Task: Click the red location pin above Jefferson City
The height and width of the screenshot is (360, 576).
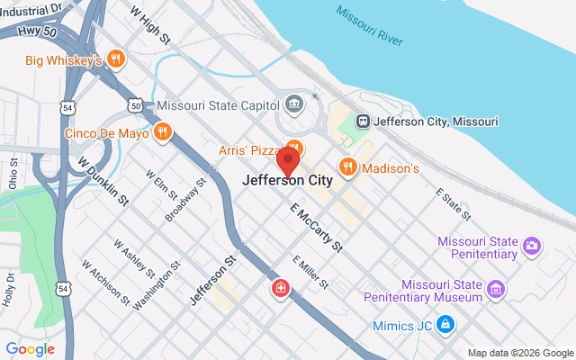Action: click(288, 161)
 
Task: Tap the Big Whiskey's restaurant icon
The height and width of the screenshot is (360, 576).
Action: click(114, 60)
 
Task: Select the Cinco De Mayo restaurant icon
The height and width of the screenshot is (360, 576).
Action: click(163, 133)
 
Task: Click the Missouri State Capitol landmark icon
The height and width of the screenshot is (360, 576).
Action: click(293, 105)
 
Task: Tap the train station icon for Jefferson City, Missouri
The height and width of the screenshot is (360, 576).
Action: click(363, 121)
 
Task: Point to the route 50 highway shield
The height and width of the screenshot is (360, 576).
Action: click(135, 105)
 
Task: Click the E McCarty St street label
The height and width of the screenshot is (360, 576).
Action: click(316, 226)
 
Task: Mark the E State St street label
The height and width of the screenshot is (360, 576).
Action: click(453, 204)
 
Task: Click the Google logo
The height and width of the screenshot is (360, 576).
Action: click(30, 349)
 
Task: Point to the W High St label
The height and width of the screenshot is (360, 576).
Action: click(150, 24)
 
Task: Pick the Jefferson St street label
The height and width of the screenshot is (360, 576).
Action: click(212, 278)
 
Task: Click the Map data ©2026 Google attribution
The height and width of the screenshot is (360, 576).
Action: click(520, 353)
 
